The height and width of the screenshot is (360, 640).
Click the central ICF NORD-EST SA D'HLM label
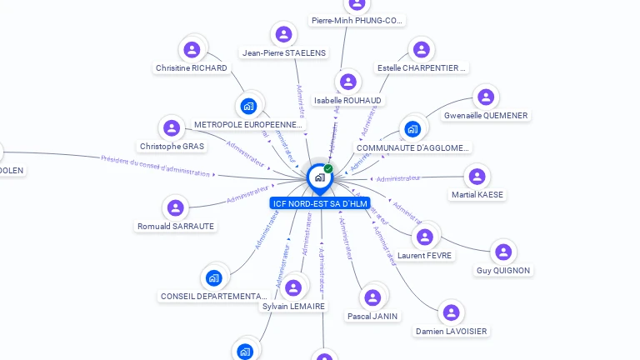pyautogui.click(x=320, y=203)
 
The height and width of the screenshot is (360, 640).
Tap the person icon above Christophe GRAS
pyautogui.click(x=172, y=128)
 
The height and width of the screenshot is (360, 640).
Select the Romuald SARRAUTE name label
pyautogui.click(x=176, y=226)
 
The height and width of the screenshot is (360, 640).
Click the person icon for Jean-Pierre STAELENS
pyautogui.click(x=284, y=34)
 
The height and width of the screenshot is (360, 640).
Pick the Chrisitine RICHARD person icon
pyautogui.click(x=192, y=49)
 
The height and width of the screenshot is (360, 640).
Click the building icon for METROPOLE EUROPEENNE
pyautogui.click(x=248, y=106)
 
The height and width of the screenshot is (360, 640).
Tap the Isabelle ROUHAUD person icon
pyautogui.click(x=348, y=82)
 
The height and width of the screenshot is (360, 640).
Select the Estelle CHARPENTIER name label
pyautogui.click(x=422, y=67)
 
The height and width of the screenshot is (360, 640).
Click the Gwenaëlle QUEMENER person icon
pyautogui.click(x=485, y=97)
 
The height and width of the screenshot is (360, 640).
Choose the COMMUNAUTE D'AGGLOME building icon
pyautogui.click(x=412, y=129)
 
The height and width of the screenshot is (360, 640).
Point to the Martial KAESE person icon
pyautogui.click(x=477, y=177)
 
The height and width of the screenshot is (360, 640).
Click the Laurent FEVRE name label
pyautogui.click(x=425, y=256)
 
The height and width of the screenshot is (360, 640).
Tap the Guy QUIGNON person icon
pyautogui.click(x=502, y=252)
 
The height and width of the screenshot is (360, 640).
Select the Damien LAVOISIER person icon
pyautogui.click(x=451, y=312)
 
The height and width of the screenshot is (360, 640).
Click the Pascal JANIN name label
pyautogui.click(x=372, y=316)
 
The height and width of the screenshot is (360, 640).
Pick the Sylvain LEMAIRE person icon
pyautogui.click(x=293, y=288)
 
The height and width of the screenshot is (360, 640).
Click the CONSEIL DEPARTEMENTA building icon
pyautogui.click(x=214, y=277)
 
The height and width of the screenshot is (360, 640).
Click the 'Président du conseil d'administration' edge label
pyautogui.click(x=155, y=166)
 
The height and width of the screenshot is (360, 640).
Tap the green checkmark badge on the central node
pyautogui.click(x=328, y=169)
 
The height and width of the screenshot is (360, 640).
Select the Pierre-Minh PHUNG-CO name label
pyautogui.click(x=357, y=20)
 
